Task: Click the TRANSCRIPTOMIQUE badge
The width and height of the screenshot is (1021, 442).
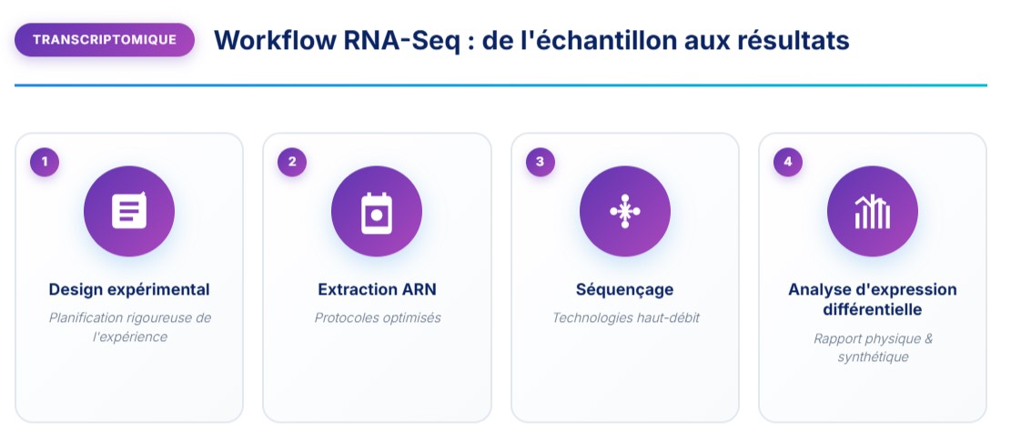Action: pos(105,40)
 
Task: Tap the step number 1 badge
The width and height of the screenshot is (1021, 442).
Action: pos(45,162)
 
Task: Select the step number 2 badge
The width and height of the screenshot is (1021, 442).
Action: pos(292,162)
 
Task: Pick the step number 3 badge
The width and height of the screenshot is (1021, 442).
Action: pos(540,162)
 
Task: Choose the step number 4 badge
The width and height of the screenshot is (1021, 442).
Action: pos(787,162)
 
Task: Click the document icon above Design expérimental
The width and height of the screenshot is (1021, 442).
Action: pos(129,211)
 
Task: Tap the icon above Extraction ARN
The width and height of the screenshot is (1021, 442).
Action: pos(377,212)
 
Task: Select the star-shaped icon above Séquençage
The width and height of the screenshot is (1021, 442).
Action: pos(624,211)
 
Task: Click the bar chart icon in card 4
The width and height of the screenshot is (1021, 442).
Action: pos(872,212)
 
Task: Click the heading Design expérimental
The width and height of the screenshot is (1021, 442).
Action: pos(129,289)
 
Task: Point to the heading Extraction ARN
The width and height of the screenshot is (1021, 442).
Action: pos(377,289)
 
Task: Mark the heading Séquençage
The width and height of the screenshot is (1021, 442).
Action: pos(624,289)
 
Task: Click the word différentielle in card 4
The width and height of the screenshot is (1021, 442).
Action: pos(872,309)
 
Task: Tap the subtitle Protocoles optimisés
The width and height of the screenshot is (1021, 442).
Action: pos(377,318)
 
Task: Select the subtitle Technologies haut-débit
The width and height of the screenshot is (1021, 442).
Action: pos(624,318)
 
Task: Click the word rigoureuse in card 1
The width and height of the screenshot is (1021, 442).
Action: pos(153,317)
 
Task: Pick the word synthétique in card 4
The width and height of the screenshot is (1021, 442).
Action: pos(872,357)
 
